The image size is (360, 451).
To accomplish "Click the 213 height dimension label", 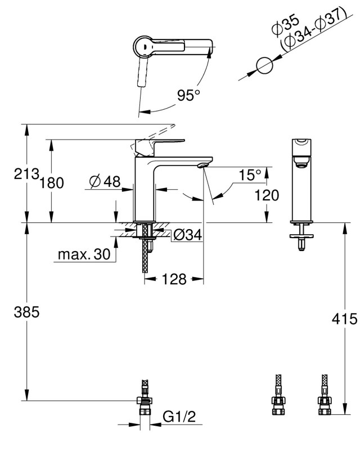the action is [26, 174].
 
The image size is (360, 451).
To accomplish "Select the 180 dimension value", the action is [51, 183].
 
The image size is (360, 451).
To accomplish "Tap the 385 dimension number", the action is [26, 312].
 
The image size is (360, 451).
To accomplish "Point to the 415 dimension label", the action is [344, 319].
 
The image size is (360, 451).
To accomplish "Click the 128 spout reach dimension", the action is [174, 279].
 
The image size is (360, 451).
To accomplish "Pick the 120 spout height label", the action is [267, 195].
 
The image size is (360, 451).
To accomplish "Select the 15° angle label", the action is [250, 175].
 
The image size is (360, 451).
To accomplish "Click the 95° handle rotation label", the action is [188, 95].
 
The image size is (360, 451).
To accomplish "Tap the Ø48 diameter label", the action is [105, 181].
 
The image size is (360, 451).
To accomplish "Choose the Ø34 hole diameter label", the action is [188, 235].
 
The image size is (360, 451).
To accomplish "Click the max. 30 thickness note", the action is [84, 254].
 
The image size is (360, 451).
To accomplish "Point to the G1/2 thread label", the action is [179, 417].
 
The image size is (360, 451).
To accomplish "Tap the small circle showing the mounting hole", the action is [264, 65].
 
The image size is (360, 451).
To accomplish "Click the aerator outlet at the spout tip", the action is [203, 165].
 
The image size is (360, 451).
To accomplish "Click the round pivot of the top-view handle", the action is [145, 46].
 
